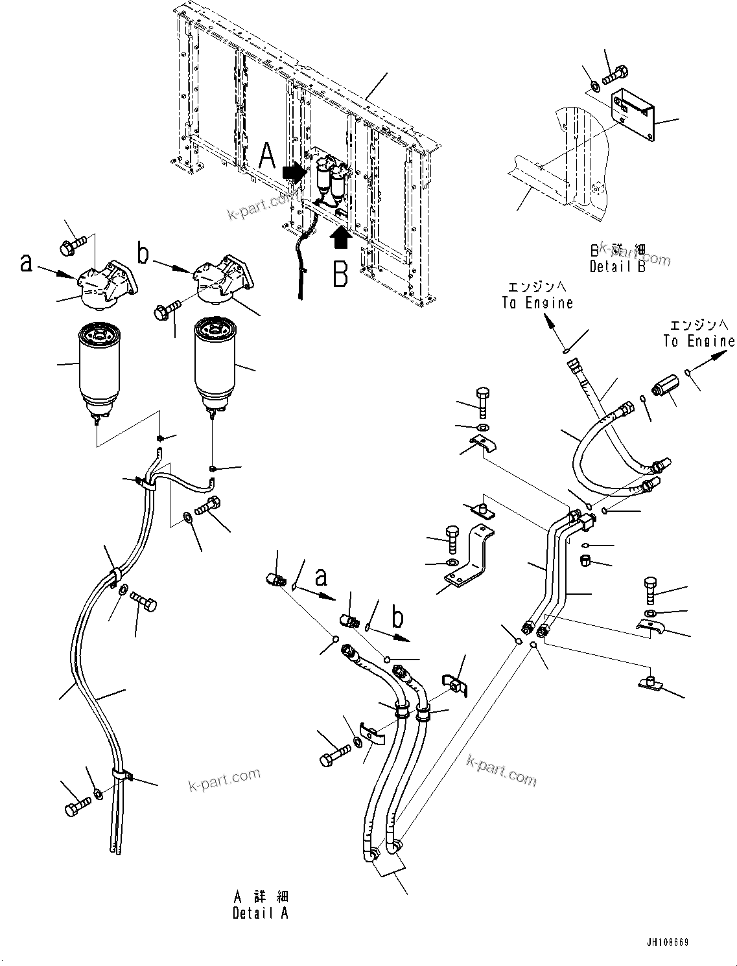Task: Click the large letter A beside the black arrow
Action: point(266,157)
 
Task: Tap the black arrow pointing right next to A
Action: point(295,172)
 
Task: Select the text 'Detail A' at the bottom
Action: point(261,913)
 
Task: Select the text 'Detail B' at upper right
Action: point(617,267)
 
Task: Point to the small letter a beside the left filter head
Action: point(26,262)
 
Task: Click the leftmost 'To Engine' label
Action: point(537,303)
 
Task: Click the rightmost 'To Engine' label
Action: point(699,341)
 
